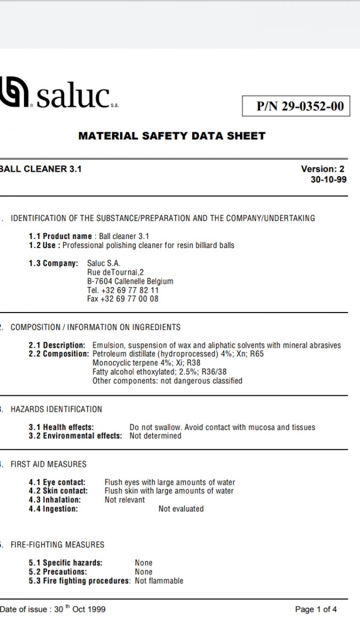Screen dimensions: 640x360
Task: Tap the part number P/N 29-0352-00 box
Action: point(296,106)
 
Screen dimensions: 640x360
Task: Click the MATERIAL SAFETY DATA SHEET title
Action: point(172,136)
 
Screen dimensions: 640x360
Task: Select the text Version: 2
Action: point(323,169)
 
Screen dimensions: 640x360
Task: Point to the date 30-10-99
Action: point(328,180)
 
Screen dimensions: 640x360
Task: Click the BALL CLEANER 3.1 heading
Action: point(41,169)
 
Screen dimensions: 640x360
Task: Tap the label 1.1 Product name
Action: point(60,236)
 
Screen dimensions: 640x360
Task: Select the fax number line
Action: point(123,299)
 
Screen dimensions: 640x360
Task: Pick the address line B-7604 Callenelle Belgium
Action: point(130,281)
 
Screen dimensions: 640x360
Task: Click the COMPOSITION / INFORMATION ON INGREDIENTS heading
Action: point(95,327)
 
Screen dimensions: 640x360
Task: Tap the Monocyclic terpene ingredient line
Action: point(146,363)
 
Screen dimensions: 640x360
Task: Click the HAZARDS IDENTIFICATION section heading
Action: point(56,409)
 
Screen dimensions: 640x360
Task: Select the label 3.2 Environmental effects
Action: point(75,436)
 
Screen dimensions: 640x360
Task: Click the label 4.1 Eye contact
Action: point(57,482)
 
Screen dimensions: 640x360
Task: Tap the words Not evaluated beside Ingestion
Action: point(181,509)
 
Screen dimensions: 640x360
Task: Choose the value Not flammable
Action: point(159,581)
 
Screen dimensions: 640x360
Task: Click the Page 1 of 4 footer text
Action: point(316,609)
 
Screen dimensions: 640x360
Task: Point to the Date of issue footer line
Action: point(53,609)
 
